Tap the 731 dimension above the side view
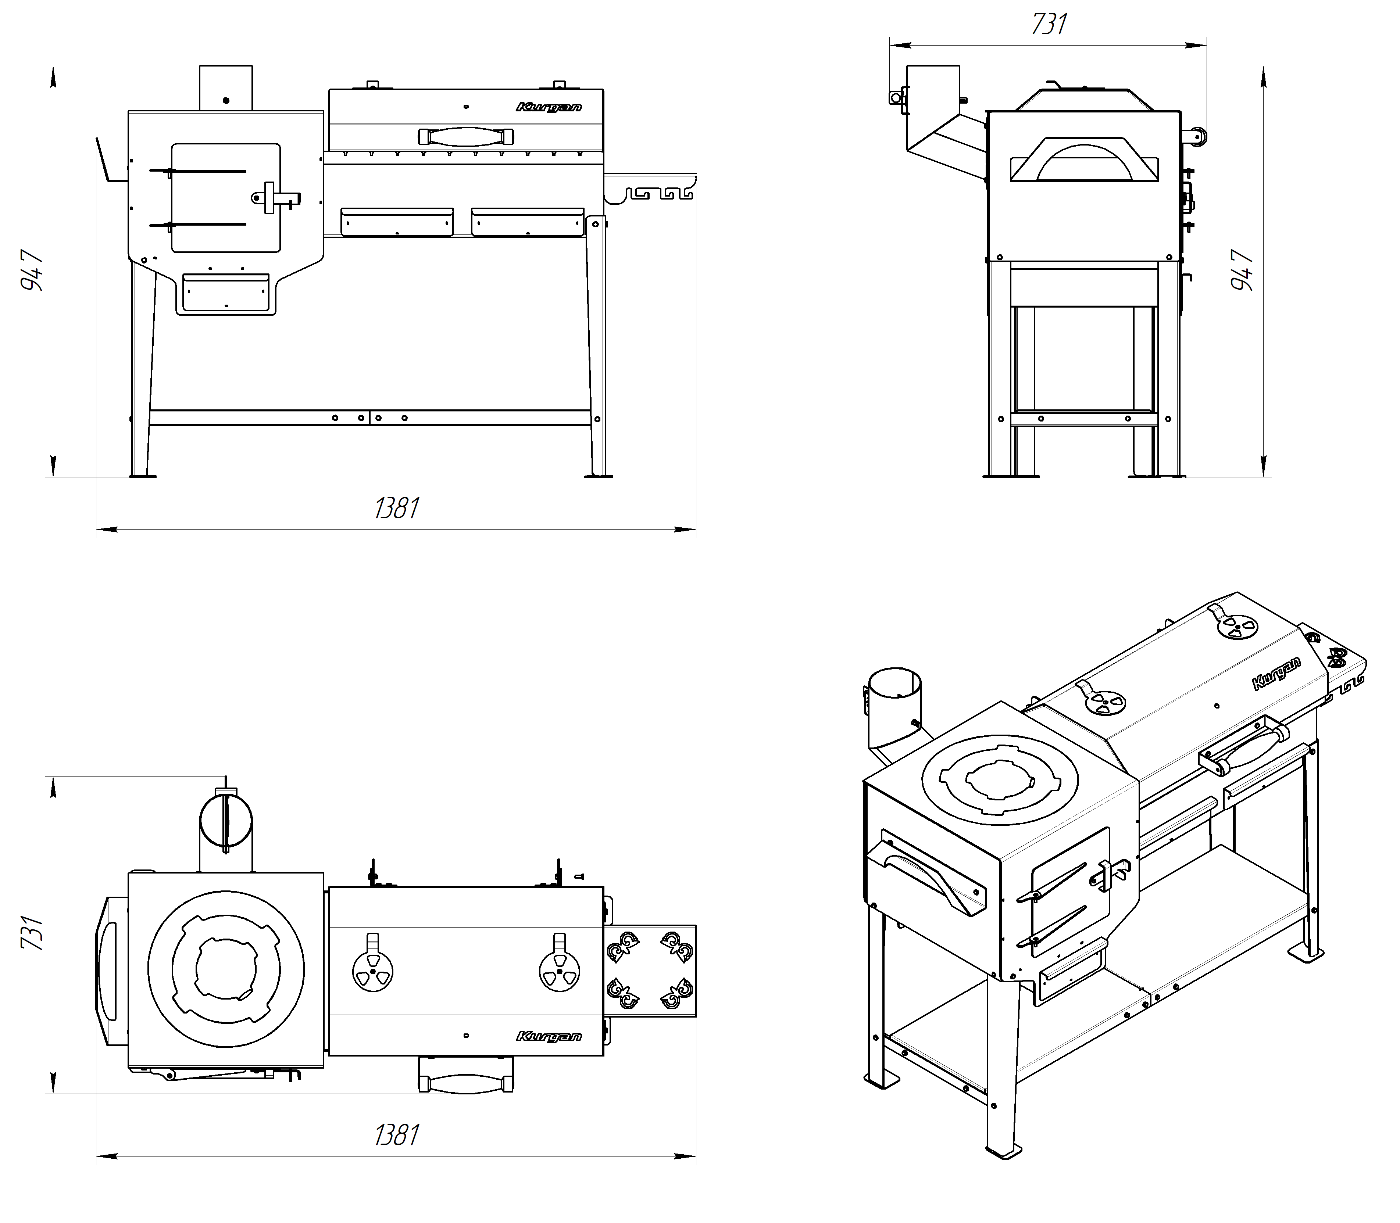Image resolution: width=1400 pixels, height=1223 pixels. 1049,25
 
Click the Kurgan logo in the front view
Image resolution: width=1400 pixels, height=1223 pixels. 549,107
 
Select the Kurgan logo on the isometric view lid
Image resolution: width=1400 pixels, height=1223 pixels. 1276,674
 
